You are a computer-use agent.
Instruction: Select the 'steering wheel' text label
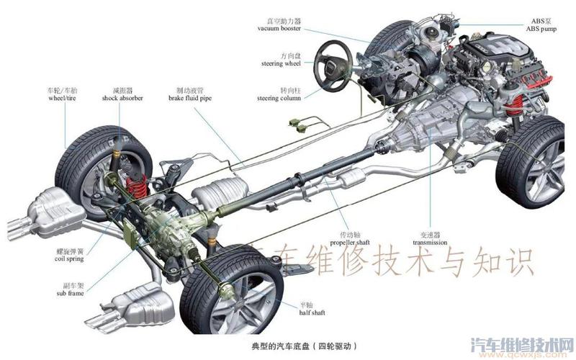coord(281,64)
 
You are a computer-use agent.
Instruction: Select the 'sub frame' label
coord(70,293)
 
